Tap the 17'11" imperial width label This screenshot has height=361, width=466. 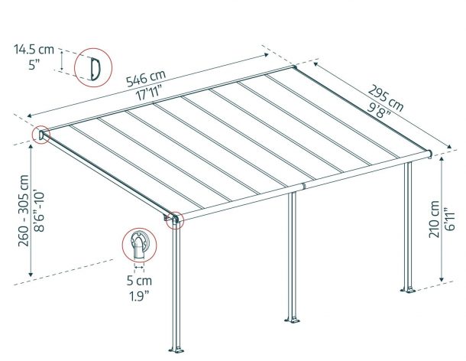[x=149, y=93]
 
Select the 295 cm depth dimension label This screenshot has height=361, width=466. [x=386, y=98]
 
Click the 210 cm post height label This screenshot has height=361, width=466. [x=434, y=220]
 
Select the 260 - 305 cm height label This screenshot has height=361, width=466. [x=24, y=210]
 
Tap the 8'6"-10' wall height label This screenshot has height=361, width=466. [x=39, y=212]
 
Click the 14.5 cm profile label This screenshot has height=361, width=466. [x=34, y=50]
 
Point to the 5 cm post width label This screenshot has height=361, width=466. [x=139, y=281]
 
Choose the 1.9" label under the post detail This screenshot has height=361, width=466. [x=139, y=296]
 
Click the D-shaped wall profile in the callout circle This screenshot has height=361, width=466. [x=95, y=69]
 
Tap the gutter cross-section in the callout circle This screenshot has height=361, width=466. [x=139, y=244]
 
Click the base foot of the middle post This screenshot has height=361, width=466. [x=292, y=320]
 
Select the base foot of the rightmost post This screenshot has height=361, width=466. [x=408, y=290]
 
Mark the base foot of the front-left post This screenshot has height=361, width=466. [x=176, y=350]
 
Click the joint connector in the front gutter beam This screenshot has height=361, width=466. [x=304, y=187]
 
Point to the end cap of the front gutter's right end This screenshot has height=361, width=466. [x=430, y=154]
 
